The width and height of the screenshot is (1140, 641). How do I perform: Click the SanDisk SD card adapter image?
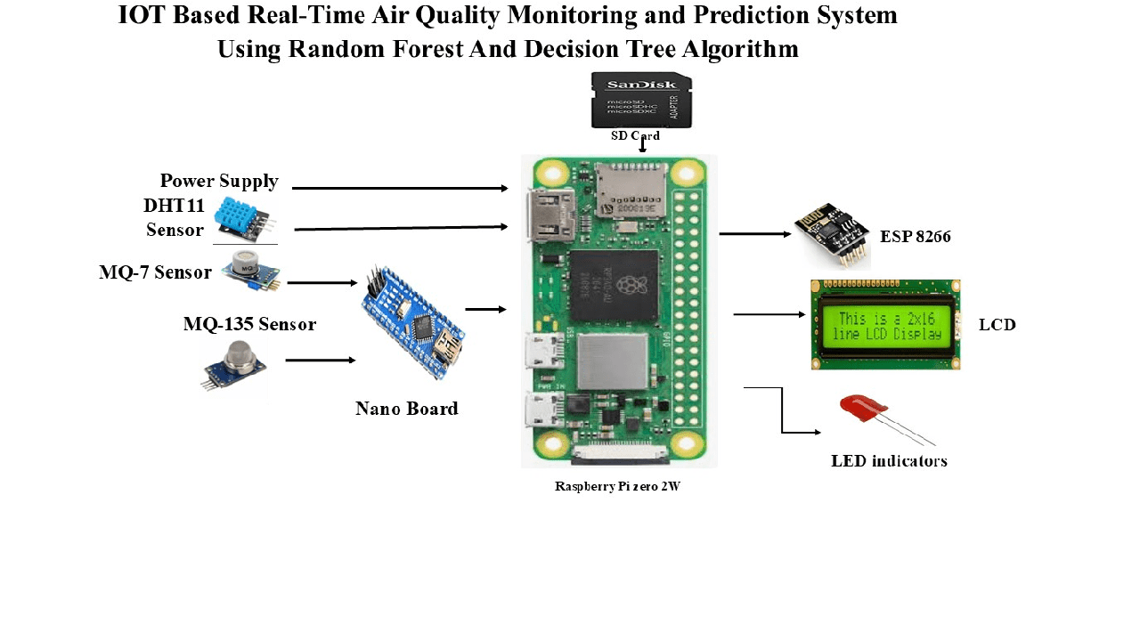point(641,101)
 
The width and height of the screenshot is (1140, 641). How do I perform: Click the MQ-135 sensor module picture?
point(234,366)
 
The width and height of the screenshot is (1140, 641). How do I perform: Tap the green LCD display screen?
point(885,325)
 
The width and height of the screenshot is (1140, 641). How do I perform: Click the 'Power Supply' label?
point(219,182)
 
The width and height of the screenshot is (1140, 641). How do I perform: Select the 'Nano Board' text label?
point(406,409)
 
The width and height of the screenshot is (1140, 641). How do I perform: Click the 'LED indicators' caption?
point(889,461)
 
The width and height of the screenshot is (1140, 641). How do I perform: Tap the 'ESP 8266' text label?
point(916,237)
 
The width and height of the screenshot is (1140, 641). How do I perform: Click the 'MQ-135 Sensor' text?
point(249,324)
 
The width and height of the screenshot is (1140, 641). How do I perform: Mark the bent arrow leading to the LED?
point(783,418)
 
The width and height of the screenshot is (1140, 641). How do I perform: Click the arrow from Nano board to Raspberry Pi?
point(485,310)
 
